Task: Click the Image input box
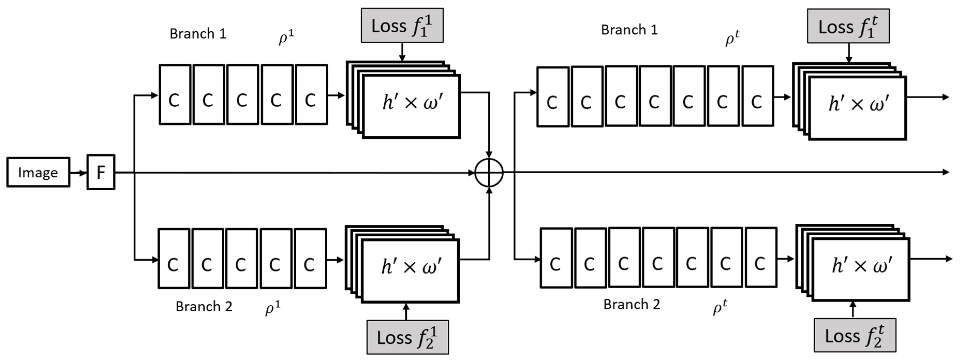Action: point(38,172)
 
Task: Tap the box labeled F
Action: point(101,172)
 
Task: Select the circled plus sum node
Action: point(489,173)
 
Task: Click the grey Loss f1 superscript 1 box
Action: point(402,25)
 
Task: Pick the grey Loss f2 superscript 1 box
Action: point(407,337)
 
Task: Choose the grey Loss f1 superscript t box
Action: point(848,26)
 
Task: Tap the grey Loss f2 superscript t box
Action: point(854,335)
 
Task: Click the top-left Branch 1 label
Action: point(198,34)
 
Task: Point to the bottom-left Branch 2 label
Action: point(204,306)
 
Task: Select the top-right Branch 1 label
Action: point(629,30)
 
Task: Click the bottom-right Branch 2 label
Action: point(632,304)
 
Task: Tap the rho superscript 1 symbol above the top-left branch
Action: point(286,37)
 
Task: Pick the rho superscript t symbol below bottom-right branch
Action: point(720,307)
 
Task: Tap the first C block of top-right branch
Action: point(553,97)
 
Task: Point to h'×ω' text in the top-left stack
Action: point(412,102)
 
